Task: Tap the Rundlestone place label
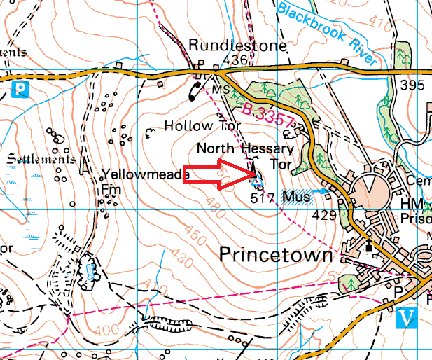point(237,46)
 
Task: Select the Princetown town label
point(276,255)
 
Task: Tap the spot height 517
point(261,198)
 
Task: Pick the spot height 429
point(323,216)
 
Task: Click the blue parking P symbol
point(21,89)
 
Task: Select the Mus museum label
point(297,197)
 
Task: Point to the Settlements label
point(40,159)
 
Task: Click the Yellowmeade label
point(145,174)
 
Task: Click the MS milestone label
point(221,90)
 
